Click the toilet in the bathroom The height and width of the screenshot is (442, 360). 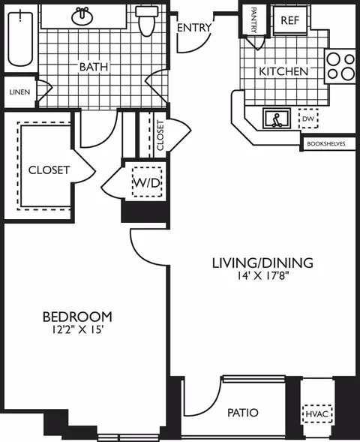click(x=146, y=20)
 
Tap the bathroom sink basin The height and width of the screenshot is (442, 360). click(x=82, y=17)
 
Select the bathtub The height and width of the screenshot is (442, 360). click(x=20, y=38)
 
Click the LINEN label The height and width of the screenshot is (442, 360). click(x=19, y=92)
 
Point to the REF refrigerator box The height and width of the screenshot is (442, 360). click(x=289, y=20)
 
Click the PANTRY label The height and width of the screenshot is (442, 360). click(x=253, y=20)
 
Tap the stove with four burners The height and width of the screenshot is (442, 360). click(x=340, y=66)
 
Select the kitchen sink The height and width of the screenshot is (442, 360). click(x=277, y=119)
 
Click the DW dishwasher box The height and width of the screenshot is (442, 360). click(x=308, y=119)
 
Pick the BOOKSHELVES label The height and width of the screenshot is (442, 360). click(x=326, y=144)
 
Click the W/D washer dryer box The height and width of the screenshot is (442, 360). click(x=147, y=182)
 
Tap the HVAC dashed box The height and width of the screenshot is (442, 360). click(x=317, y=414)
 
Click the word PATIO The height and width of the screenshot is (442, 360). click(x=243, y=413)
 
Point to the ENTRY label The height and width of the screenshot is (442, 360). click(x=194, y=28)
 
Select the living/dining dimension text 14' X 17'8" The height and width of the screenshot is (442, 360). click(x=263, y=275)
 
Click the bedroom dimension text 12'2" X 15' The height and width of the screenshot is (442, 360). click(x=76, y=329)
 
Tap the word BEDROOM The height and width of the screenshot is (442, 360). click(x=77, y=317)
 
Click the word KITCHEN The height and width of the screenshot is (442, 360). click(x=283, y=71)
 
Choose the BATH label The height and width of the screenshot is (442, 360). click(x=94, y=67)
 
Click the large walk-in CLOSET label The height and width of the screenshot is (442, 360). click(x=49, y=170)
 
